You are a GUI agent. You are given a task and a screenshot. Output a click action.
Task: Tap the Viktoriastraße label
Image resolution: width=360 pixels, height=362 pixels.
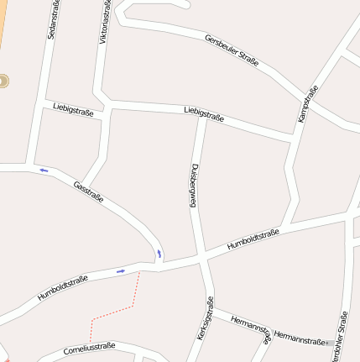click(104, 24)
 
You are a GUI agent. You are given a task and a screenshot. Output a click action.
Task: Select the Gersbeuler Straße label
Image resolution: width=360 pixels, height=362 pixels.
click(232, 50)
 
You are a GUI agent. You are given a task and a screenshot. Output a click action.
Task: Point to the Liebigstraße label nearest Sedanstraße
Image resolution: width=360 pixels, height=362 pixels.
click(72, 108)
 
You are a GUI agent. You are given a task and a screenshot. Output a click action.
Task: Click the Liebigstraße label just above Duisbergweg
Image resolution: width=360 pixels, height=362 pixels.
click(203, 113)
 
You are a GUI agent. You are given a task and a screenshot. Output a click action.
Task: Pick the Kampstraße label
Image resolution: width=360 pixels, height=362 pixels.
click(308, 104)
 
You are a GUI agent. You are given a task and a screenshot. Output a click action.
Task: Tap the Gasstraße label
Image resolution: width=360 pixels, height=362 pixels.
click(88, 192)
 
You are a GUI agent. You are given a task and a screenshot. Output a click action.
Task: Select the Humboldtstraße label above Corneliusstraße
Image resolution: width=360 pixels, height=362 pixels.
click(63, 287)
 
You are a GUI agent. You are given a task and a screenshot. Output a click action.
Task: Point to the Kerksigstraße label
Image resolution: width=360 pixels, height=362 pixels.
click(205, 318)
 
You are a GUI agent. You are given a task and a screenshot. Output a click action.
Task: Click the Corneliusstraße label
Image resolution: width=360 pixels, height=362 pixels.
click(89, 348)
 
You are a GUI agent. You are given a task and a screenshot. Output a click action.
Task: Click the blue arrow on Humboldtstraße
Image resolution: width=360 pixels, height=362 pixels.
click(121, 270)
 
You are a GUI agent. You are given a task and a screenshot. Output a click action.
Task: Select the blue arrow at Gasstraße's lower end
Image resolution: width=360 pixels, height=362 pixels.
click(159, 252)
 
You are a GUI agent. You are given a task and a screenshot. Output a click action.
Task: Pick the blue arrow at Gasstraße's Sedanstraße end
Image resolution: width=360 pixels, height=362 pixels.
click(44, 171)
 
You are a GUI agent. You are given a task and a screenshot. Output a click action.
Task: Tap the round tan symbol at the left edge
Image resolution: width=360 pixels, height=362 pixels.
click(3, 81)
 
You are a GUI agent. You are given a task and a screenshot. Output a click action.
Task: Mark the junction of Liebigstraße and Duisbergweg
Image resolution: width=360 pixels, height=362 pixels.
click(201, 117)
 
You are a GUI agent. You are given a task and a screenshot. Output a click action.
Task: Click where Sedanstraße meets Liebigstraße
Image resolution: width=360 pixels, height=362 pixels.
click(41, 102)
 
